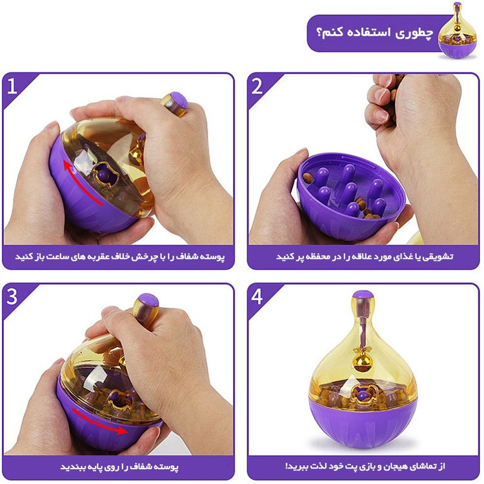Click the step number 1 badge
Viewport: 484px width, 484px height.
tap(12, 86)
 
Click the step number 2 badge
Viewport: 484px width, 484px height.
tap(257, 86)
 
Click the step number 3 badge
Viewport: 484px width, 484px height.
tap(12, 297)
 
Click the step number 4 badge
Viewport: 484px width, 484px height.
tap(257, 297)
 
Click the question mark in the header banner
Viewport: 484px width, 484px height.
tap(319, 32)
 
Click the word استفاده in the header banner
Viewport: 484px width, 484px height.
tap(365, 32)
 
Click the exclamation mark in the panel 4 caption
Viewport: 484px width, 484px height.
tap(287, 466)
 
